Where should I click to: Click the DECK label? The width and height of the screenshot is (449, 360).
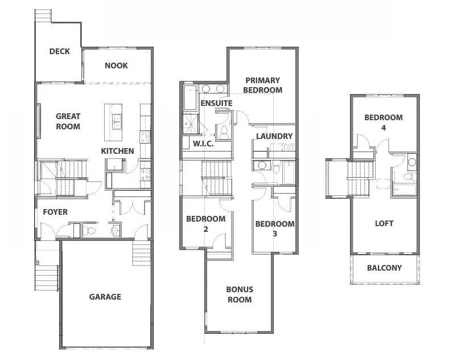(x=59, y=51)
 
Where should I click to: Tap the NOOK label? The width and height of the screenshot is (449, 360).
(x=116, y=66)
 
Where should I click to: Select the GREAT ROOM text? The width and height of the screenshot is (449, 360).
(x=68, y=121)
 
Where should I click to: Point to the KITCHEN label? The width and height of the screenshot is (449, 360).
(x=117, y=151)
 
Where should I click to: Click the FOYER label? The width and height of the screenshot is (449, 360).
(x=55, y=212)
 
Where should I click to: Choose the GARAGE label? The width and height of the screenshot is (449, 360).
(x=105, y=297)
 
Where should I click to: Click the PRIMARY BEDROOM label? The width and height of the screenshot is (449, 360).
(x=262, y=85)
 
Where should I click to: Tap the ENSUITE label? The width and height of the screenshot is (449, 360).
(x=216, y=103)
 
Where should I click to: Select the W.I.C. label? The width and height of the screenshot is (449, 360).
(x=203, y=144)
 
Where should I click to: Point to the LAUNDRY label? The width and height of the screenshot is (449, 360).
(x=274, y=136)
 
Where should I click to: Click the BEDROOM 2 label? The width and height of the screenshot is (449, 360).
(x=206, y=224)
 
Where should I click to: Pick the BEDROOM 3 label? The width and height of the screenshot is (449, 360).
(x=275, y=228)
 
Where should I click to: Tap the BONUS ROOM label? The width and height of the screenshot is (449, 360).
(x=239, y=294)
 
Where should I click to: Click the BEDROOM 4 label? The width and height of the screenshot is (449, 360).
(x=384, y=122)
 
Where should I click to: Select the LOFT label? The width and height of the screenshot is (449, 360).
(x=384, y=223)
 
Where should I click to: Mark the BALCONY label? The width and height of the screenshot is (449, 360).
(x=384, y=268)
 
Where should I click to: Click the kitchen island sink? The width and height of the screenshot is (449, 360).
(x=118, y=119)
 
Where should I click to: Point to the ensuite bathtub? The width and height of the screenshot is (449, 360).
(x=189, y=97)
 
